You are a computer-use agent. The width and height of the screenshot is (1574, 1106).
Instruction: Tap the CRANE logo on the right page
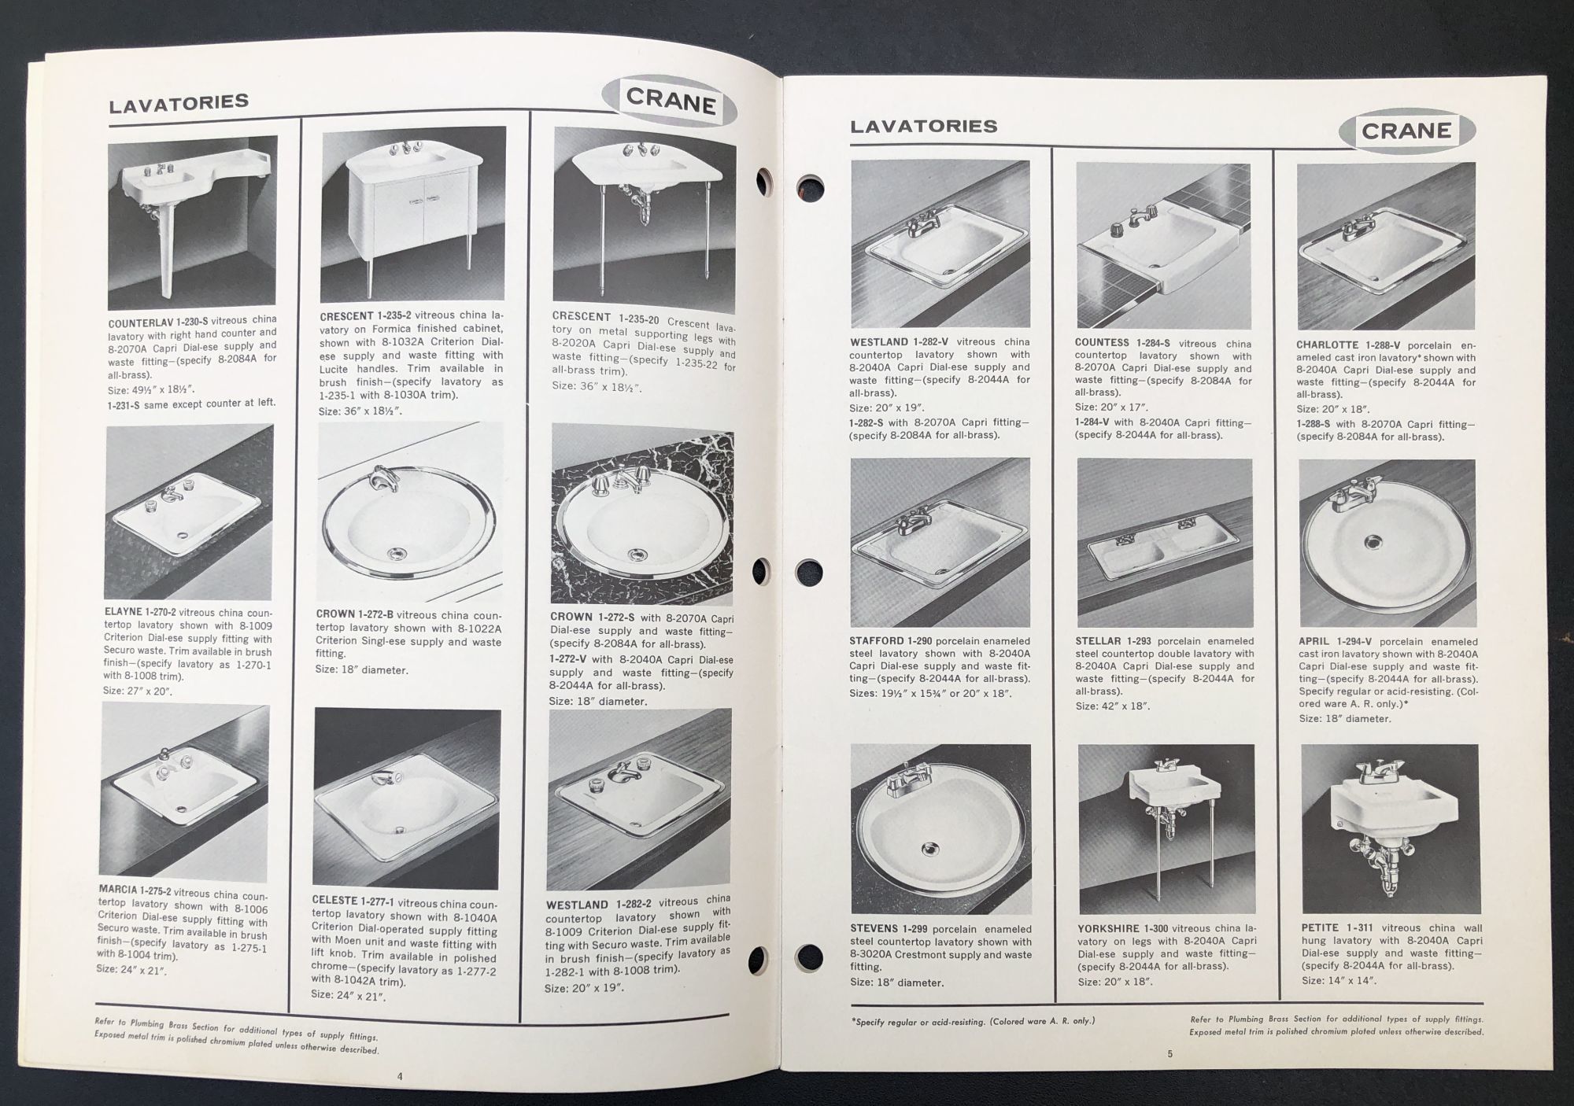coord(1407,130)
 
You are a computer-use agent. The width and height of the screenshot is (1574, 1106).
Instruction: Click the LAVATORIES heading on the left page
coord(179,103)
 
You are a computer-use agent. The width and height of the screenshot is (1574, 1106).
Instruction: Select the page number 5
coord(1170,1054)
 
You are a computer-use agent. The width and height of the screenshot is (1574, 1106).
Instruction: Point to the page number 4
coord(400,1077)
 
